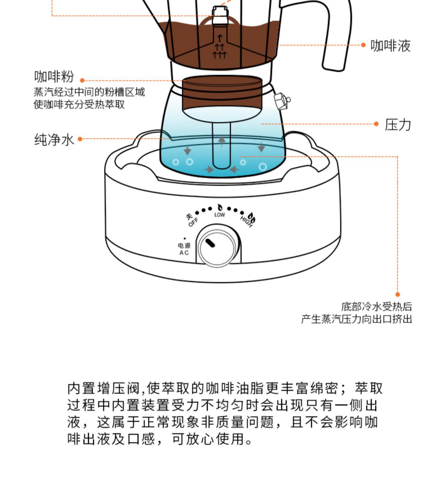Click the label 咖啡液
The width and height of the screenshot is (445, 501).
(390, 46)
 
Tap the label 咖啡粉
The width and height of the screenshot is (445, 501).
(54, 77)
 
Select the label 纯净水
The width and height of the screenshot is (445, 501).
(54, 139)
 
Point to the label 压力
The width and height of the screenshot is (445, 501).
(398, 125)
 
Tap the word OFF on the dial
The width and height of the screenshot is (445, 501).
(193, 222)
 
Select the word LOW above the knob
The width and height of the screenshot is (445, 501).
(220, 215)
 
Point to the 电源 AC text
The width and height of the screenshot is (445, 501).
(184, 249)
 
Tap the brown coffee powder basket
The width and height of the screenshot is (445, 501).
(222, 93)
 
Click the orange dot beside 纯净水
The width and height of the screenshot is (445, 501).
(80, 139)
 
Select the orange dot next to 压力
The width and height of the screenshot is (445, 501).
(376, 124)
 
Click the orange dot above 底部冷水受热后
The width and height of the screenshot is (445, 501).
(398, 294)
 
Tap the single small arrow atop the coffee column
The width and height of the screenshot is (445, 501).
(220, 38)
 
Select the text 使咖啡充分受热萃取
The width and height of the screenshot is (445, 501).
(79, 104)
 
